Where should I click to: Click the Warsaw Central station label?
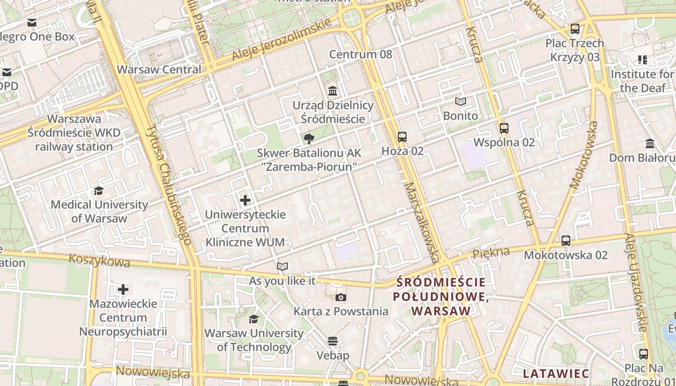[x=159, y=69]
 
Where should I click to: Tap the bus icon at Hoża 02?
[x=402, y=137]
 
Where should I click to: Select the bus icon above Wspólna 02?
[x=504, y=128]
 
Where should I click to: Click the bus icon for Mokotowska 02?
[x=566, y=240]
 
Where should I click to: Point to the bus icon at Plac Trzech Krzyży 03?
[x=575, y=29]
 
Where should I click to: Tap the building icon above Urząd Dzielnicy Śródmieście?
[x=333, y=91]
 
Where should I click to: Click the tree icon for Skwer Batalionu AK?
[x=309, y=139]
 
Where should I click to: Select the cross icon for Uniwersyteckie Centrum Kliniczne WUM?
[x=245, y=200]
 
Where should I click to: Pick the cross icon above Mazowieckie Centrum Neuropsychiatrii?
[x=123, y=289]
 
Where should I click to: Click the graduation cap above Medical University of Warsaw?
[x=99, y=191]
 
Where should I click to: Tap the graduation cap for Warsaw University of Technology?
[x=253, y=319]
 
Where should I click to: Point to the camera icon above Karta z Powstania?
[x=341, y=297]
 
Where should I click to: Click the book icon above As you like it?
[x=282, y=266]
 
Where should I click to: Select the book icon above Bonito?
[x=461, y=102]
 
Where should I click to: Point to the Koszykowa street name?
[x=99, y=261]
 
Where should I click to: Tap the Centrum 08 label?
[x=361, y=54]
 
